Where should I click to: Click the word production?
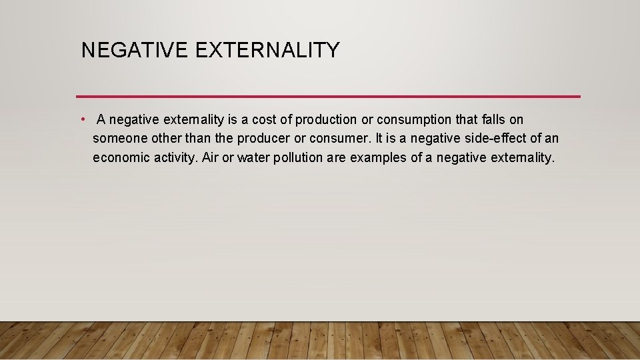pos(326,120)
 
